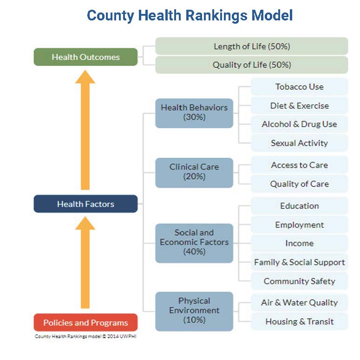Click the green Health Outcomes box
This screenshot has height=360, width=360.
(85, 57)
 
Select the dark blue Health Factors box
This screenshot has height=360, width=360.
(85, 204)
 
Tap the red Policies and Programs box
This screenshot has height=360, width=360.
(85, 322)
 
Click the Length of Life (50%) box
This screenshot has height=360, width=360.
(252, 46)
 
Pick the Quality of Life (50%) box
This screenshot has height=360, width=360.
(252, 65)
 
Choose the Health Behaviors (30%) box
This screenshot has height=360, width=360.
(194, 112)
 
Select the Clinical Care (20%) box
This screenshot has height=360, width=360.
(194, 172)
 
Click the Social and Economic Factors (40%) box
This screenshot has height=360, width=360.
(194, 242)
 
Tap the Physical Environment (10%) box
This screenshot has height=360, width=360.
(194, 310)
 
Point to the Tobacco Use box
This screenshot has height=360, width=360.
(299, 87)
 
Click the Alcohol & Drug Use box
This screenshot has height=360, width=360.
(299, 124)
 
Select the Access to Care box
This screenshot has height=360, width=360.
(299, 165)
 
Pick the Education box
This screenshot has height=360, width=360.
(299, 206)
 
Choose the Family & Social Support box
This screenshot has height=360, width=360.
(299, 263)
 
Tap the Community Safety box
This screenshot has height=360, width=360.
(299, 281)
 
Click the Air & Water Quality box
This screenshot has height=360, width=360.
(299, 302)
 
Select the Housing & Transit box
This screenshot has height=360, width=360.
(299, 321)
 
